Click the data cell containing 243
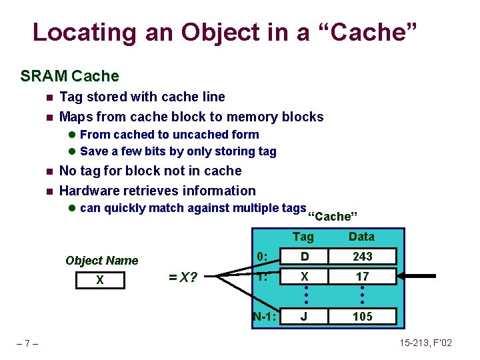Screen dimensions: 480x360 coord(362,257)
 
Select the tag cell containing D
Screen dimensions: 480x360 coord(303,257)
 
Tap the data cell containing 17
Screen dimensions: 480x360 coord(362,277)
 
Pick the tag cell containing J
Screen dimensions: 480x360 coord(303,316)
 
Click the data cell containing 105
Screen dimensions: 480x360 coord(362,316)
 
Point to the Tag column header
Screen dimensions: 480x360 coord(303,237)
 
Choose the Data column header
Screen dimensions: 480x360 coord(362,237)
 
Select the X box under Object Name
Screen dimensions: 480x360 coord(100,280)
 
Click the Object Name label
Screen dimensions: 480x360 coord(101,261)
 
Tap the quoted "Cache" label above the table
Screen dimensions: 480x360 coord(333,217)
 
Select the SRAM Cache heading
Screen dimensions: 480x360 coord(69,76)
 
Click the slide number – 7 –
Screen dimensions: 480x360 coord(27,343)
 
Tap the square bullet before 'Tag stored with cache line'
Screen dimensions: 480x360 coord(48,97)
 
